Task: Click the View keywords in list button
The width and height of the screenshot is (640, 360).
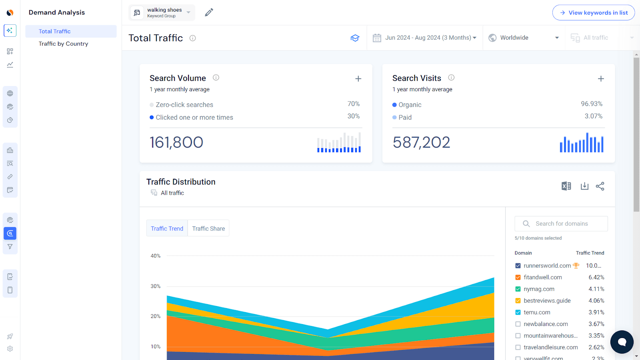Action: click(x=593, y=13)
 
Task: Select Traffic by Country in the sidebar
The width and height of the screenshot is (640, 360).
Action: click(x=63, y=44)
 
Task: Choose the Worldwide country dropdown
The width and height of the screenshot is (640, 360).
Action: click(x=524, y=38)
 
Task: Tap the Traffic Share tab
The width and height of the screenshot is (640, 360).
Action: click(x=208, y=228)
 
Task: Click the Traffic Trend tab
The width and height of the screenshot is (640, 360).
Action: click(x=167, y=228)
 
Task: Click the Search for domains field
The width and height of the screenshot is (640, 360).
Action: click(x=561, y=224)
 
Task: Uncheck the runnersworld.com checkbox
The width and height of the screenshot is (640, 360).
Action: click(x=518, y=266)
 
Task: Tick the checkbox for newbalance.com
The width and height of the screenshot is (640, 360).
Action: click(x=518, y=324)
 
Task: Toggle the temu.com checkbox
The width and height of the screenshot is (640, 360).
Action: click(x=518, y=312)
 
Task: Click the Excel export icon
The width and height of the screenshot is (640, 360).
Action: click(x=566, y=186)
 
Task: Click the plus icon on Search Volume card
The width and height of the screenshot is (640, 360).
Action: click(x=358, y=79)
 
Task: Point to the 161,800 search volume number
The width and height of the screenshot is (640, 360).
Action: click(x=176, y=142)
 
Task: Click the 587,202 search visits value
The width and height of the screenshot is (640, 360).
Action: click(x=421, y=142)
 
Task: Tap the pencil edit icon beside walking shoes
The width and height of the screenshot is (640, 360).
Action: click(x=209, y=13)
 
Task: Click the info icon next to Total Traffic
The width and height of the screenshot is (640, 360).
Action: click(x=193, y=38)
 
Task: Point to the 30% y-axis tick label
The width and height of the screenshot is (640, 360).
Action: click(x=156, y=286)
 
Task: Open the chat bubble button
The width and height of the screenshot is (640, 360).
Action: click(x=622, y=342)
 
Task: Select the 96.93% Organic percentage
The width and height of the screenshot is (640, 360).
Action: click(x=591, y=104)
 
